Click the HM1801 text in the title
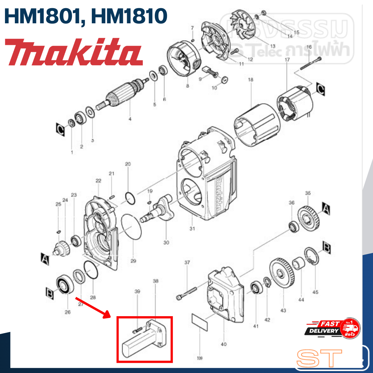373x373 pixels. (42, 16)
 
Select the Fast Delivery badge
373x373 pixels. (332, 328)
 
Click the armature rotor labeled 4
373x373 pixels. (122, 95)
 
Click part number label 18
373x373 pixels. (251, 80)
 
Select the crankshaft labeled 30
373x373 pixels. (159, 210)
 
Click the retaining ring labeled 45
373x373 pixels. (312, 256)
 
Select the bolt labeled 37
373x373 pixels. (187, 293)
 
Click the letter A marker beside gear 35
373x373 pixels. (326, 208)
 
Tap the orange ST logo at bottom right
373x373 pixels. (319, 358)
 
